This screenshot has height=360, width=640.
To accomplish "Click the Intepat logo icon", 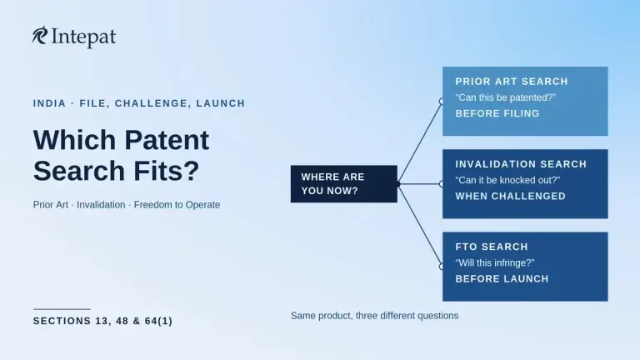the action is coord(40,35).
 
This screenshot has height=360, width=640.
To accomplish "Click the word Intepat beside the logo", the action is coord(83,37).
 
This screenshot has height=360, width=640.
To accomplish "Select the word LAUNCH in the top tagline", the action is coord(220,103).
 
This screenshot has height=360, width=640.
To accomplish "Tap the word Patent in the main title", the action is coord(167,140).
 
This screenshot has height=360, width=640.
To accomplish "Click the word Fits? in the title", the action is coord(167,171).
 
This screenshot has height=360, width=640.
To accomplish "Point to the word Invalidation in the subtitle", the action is coord(101,204).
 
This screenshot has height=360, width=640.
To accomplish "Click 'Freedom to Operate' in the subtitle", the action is coord(177,204).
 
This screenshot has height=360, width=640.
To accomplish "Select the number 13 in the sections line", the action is coord(101,321).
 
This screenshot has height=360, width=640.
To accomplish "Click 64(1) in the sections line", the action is coord(158,321).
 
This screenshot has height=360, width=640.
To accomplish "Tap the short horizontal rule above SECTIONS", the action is coord(62,309).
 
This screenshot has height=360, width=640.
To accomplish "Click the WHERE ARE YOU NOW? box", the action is coord(343,183).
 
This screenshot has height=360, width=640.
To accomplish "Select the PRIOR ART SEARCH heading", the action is coord(512,82).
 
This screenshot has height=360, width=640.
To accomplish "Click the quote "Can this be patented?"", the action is coord(505,97).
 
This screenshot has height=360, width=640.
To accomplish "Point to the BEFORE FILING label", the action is coord(497,113).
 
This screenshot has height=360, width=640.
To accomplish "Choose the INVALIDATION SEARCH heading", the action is coord(521,164).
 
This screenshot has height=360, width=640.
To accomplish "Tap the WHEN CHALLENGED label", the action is coord(510,197).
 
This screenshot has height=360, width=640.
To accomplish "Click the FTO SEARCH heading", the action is coord(492,247).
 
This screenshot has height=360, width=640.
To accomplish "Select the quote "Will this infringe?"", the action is coord(495,262).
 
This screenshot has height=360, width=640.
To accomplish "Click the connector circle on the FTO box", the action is coord(442,267).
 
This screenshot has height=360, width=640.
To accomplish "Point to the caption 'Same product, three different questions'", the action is coord(374,316).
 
